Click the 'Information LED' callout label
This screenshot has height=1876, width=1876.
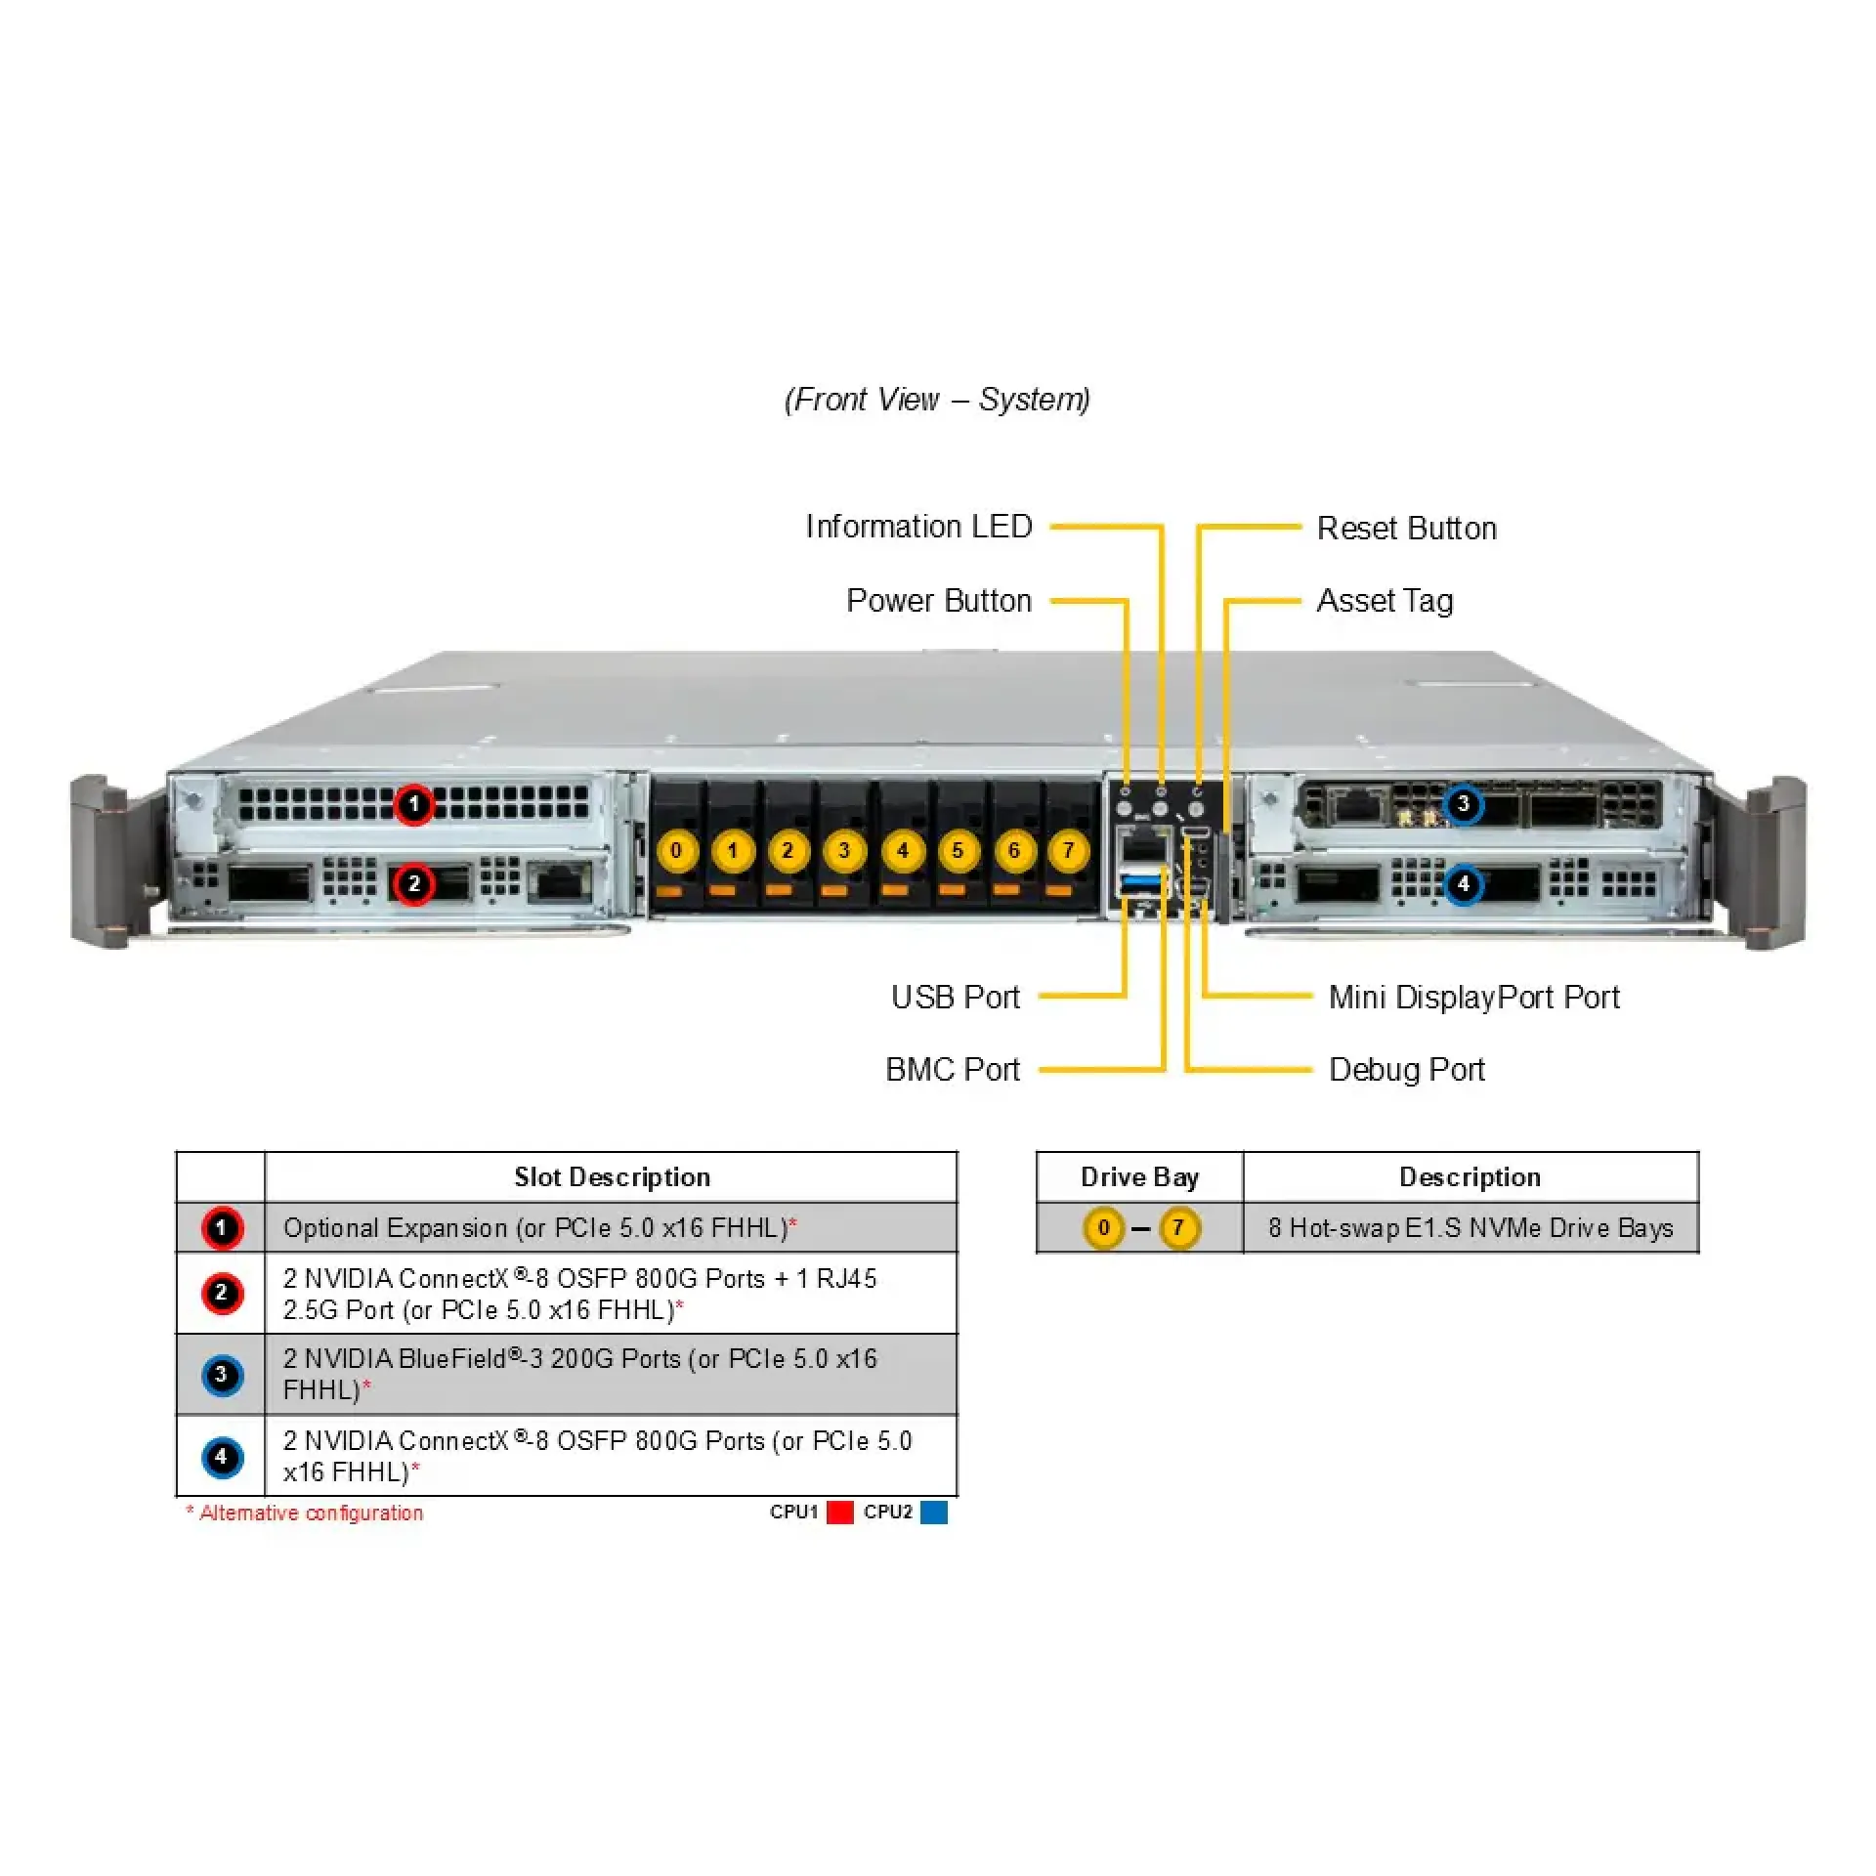click(x=917, y=527)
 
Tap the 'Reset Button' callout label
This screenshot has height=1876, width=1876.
click(x=1406, y=529)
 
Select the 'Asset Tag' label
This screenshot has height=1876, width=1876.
click(x=1385, y=601)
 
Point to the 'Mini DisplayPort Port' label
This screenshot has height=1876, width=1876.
click(x=1473, y=998)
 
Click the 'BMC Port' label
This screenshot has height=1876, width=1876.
click(x=953, y=1070)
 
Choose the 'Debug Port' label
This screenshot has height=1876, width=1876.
click(x=1406, y=1070)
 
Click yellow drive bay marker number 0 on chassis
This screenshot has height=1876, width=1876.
click(x=676, y=850)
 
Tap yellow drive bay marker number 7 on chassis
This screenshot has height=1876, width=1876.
click(x=1069, y=850)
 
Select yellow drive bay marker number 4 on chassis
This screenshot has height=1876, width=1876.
click(x=902, y=850)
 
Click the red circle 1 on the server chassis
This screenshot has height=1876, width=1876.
click(x=413, y=805)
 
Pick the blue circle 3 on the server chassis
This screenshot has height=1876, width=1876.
click(x=1463, y=804)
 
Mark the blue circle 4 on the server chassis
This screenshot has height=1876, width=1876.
click(x=1463, y=885)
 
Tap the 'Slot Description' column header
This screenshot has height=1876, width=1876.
click(x=612, y=1177)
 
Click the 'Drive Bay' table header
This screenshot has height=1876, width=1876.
click(x=1139, y=1177)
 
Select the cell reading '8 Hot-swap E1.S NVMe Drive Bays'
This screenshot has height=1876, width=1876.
click(x=1471, y=1228)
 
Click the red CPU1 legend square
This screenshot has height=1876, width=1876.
click(x=839, y=1513)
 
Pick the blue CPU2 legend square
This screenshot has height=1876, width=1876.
click(x=934, y=1513)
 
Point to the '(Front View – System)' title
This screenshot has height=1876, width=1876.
click(x=937, y=400)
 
